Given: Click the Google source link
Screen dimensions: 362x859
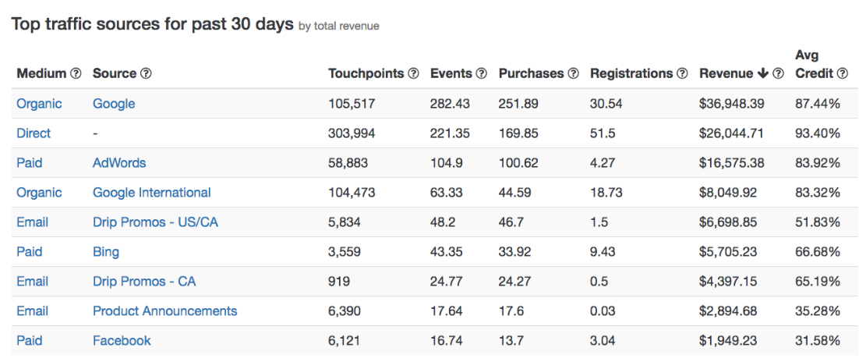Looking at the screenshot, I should (x=114, y=104).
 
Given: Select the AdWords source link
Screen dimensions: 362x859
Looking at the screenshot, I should (x=119, y=163).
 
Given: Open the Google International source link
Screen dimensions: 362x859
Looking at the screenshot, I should (x=151, y=193).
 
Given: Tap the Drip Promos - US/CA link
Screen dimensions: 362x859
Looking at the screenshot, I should (x=155, y=222).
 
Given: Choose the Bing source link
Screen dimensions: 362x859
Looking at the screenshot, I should (x=106, y=252).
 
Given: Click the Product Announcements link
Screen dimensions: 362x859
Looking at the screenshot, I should (x=164, y=311).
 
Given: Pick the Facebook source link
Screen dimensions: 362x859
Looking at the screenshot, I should (x=122, y=341).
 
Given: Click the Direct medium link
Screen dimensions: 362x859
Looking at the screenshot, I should (x=34, y=133).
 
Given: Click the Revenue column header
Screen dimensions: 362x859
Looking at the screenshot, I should (x=726, y=73).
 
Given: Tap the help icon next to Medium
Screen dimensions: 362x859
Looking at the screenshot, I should (x=76, y=73).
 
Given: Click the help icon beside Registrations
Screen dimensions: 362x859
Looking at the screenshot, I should (x=682, y=73).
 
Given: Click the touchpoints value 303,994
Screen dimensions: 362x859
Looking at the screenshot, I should (x=352, y=133).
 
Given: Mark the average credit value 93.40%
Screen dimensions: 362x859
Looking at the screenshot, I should (x=817, y=133).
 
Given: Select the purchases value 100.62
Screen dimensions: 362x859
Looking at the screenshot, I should (x=518, y=163).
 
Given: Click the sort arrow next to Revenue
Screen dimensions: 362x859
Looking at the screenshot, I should (x=762, y=73).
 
